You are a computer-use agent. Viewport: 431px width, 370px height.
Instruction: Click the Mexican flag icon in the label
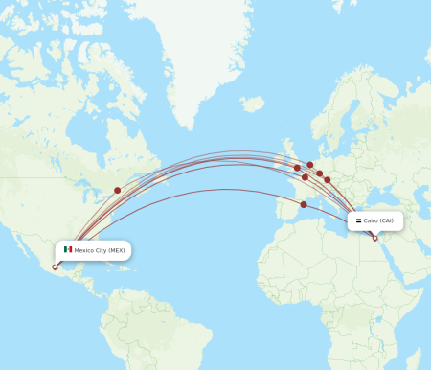click(68, 250)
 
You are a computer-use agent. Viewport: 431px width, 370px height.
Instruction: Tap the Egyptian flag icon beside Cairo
click(358, 220)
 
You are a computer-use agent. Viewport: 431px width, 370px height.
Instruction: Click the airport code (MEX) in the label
click(117, 250)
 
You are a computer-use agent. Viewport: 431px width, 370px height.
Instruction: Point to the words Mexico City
click(90, 250)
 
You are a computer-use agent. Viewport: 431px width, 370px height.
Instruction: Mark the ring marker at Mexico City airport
click(55, 267)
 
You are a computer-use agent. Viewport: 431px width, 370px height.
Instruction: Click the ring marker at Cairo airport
click(374, 238)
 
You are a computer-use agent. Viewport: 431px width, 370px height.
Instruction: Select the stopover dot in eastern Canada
click(118, 190)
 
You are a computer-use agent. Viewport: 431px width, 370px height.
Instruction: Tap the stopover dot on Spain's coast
click(304, 204)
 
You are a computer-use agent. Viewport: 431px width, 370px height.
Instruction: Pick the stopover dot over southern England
click(296, 169)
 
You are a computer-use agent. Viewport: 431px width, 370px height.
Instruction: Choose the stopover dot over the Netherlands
click(310, 165)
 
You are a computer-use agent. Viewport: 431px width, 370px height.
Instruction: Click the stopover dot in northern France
click(306, 177)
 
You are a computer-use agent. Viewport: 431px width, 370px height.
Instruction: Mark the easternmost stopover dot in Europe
click(327, 179)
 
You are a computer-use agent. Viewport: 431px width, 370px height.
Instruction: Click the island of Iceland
click(251, 104)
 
